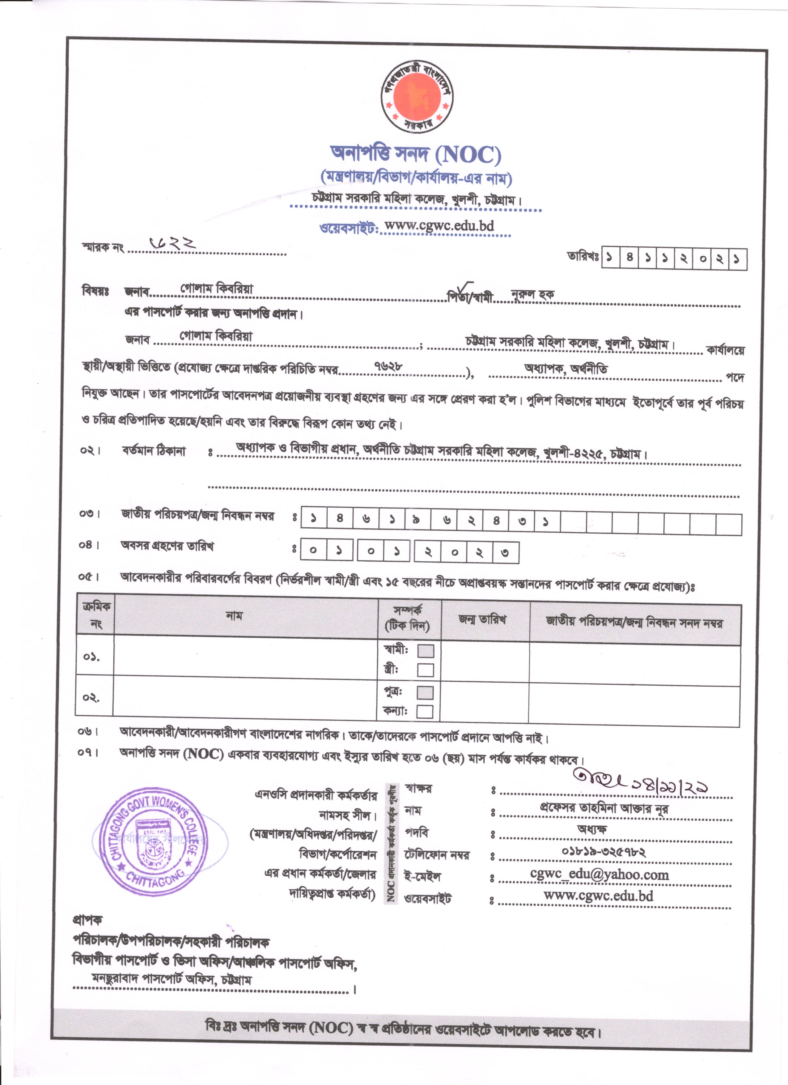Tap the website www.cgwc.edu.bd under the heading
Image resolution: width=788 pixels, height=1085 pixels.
439,225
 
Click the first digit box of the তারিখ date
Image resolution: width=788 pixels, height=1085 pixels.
610,259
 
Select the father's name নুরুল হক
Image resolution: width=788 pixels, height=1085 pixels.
532,294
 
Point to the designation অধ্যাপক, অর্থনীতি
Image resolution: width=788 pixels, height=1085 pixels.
566,368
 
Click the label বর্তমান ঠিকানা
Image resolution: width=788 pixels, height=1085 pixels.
154,451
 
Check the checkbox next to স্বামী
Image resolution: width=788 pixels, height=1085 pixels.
425,651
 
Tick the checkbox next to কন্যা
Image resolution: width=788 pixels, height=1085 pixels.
425,711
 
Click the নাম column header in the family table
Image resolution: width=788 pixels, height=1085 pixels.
234,616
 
